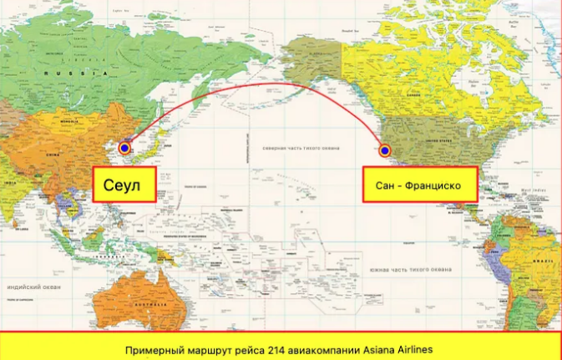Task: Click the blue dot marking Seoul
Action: point(124,149)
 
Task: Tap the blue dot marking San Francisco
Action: point(385,150)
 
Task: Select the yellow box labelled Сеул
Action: point(124,184)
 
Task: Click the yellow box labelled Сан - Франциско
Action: point(420,184)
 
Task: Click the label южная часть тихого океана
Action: point(410,270)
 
